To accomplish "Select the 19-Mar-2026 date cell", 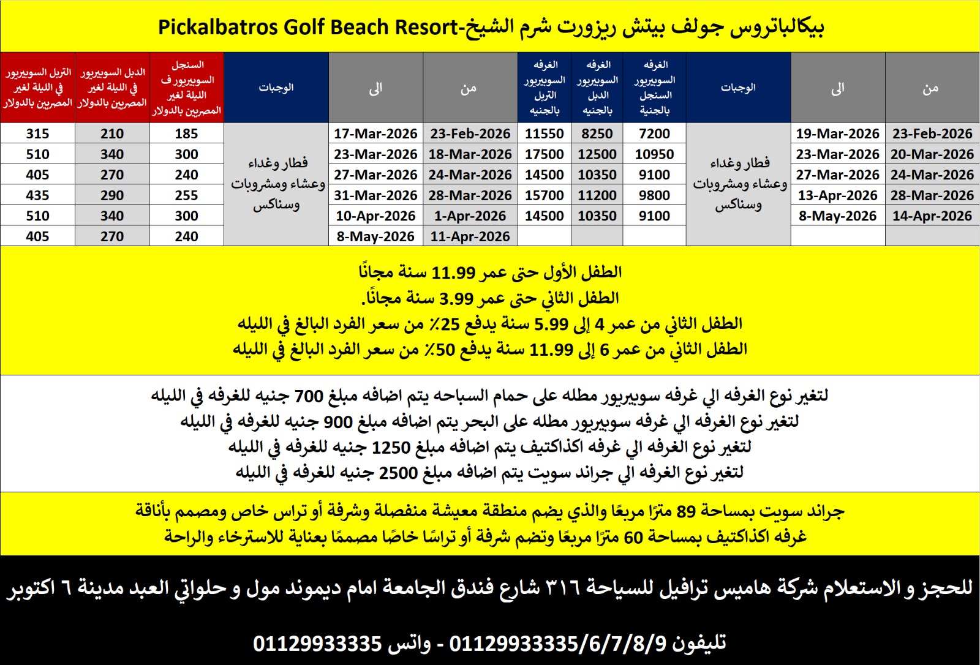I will coord(837,133).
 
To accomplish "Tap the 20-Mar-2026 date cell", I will coord(932,154).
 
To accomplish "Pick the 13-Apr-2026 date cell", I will coord(837,195).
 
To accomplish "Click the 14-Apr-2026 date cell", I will coord(932,216).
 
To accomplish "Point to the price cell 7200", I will coord(654,133).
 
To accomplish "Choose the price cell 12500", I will coord(597,154).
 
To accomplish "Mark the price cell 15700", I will coord(545,195).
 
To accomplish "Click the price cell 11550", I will coord(545,133).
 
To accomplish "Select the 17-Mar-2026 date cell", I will coord(375,133).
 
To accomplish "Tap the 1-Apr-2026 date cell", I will coord(470,216).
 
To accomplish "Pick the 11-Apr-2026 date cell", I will coord(470,236).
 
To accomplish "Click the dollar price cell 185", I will coord(186,133).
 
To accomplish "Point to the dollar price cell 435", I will coord(37,195).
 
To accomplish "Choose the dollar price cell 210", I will coord(112,133).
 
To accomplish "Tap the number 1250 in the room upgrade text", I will coord(391,448).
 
